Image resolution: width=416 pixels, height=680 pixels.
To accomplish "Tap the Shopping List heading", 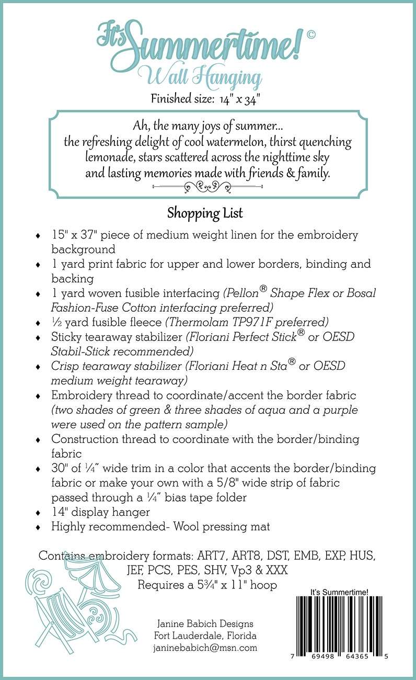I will (x=205, y=213).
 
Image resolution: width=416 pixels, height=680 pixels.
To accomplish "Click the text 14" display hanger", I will (x=100, y=512).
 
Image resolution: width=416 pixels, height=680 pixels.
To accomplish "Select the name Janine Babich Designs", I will (x=205, y=624).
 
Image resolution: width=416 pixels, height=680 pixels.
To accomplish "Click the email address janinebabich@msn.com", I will (x=205, y=648).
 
